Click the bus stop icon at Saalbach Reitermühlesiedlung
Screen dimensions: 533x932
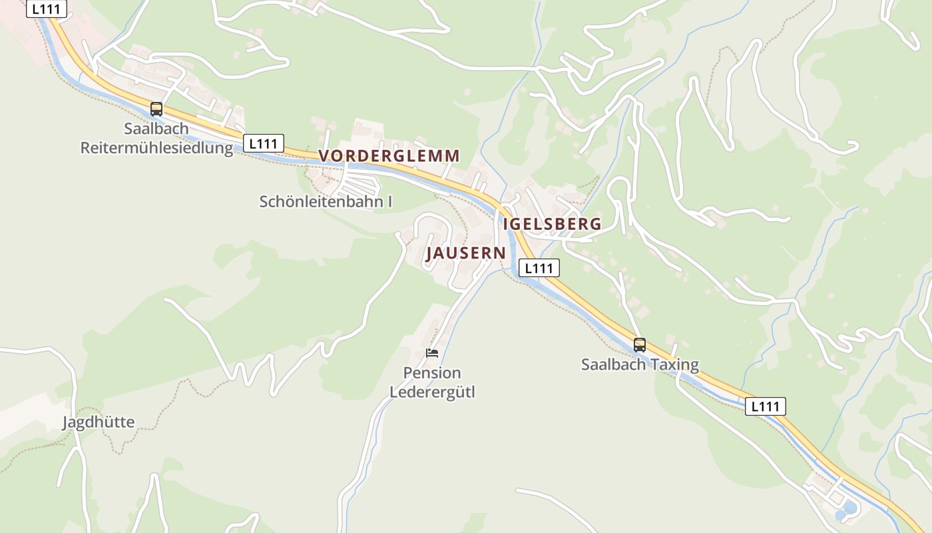156,109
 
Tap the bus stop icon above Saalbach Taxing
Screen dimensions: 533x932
640,345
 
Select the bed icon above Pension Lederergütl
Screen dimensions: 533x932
432,352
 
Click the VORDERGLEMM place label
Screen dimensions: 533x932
389,156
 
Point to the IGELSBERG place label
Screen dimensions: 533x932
553,224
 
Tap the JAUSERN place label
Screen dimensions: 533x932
466,253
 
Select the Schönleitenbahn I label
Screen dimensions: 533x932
326,201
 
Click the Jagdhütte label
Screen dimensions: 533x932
99,422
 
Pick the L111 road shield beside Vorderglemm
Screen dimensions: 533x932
264,143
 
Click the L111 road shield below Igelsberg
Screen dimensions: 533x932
539,268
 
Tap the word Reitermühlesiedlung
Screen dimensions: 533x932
157,147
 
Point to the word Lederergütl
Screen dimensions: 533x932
432,392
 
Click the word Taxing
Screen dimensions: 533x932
675,365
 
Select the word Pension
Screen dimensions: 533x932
432,372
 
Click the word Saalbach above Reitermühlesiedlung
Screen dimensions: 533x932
156,128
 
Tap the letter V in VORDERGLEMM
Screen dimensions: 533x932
324,156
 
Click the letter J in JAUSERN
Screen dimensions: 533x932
431,253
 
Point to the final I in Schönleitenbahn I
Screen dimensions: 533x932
389,201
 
